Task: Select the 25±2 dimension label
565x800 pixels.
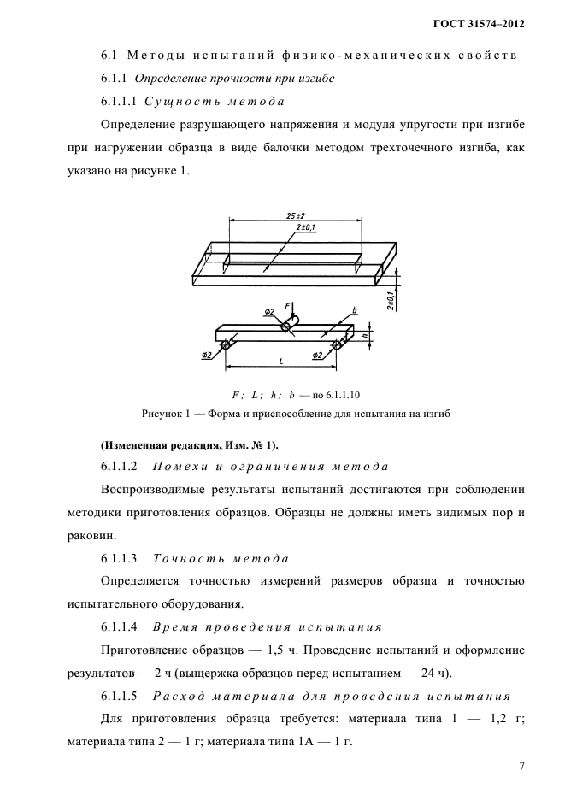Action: point(297,216)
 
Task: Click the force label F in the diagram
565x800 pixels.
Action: point(288,306)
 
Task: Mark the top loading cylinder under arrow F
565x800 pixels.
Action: point(285,326)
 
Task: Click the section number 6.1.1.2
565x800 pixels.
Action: point(120,467)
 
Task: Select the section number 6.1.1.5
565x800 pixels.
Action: point(120,694)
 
